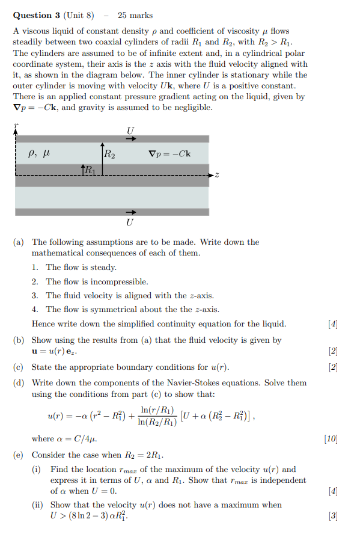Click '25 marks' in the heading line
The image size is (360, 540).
tap(135, 15)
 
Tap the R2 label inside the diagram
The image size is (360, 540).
tap(109, 154)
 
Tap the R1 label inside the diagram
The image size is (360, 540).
tap(89, 170)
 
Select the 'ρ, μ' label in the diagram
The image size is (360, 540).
tap(38, 154)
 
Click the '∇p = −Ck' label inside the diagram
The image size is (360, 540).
tap(169, 154)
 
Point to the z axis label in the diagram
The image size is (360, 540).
tap(217, 176)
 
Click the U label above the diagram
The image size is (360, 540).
tap(130, 130)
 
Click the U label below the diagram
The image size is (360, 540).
tap(130, 222)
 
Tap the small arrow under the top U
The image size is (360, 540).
tap(130, 138)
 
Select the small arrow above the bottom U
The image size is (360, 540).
tap(130, 212)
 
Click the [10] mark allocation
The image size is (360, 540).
tap(331, 439)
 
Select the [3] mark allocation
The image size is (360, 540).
tap(333, 516)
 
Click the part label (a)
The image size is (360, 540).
tap(19, 242)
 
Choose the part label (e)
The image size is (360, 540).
tap(19, 455)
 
